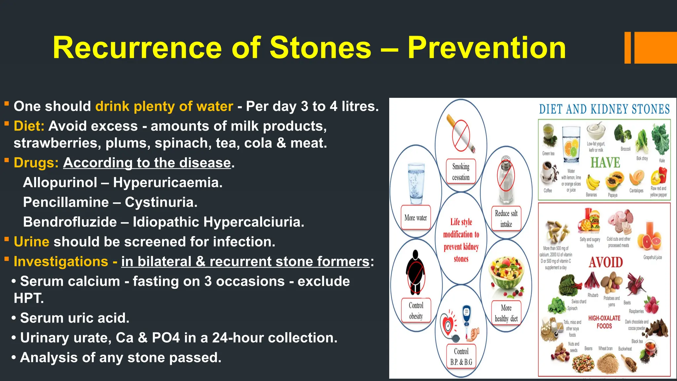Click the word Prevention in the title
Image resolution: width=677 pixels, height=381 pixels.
(x=487, y=48)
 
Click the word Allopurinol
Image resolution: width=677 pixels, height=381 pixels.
(x=60, y=183)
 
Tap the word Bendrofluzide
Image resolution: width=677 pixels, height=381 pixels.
(x=70, y=222)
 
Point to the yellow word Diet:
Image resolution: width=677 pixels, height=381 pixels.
(x=29, y=126)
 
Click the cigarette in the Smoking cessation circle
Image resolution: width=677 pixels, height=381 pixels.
(x=460, y=134)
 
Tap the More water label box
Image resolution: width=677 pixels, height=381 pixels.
(x=416, y=218)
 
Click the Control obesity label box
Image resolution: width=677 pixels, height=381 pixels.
(x=416, y=311)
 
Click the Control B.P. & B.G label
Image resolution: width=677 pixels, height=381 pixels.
(x=461, y=356)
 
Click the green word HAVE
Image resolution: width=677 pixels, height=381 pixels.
(x=605, y=163)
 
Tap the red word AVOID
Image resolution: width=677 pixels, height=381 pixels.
(x=606, y=263)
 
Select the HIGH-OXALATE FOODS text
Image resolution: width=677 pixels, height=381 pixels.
(x=604, y=322)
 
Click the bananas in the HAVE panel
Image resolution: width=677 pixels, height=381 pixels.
(x=592, y=182)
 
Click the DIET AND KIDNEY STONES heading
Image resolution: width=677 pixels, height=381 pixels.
(x=604, y=109)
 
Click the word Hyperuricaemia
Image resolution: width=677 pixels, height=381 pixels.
(x=168, y=183)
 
